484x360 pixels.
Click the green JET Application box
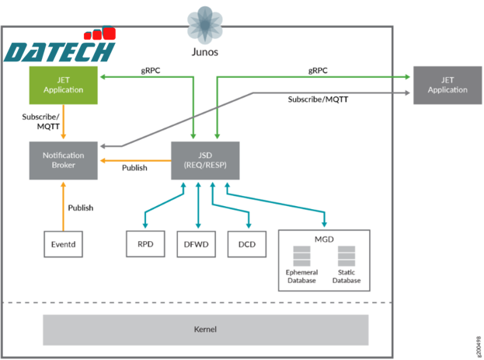(64, 85)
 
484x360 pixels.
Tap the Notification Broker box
(64, 160)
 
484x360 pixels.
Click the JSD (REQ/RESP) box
(205, 160)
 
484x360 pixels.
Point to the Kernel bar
(205, 330)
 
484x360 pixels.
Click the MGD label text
(324, 239)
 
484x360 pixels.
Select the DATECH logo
(59, 47)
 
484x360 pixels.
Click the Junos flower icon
(205, 23)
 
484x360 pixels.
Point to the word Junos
(205, 52)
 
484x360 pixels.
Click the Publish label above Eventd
(80, 208)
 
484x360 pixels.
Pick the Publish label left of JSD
(134, 167)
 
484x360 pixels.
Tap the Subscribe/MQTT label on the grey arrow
(318, 100)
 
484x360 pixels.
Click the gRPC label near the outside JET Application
(317, 71)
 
